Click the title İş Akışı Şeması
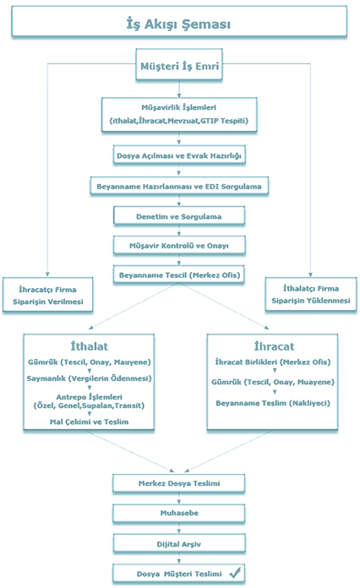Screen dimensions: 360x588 point(178,24)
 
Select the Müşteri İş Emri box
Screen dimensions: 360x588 point(179,64)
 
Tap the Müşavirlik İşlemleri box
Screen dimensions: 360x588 point(179,115)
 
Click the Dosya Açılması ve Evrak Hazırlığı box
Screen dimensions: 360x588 point(179,155)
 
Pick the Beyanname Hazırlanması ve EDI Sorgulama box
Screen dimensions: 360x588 point(179,186)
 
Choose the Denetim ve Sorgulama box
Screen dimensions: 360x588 point(179,216)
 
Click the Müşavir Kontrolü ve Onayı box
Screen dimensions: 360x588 point(179,246)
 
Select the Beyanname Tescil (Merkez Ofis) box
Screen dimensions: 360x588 point(179,275)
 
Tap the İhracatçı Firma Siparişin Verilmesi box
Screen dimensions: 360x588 point(47,295)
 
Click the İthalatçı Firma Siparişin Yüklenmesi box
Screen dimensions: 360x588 point(311,294)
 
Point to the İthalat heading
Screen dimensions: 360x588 point(89,346)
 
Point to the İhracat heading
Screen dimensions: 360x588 point(274,346)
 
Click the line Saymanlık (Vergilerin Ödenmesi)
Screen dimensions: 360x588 point(90,378)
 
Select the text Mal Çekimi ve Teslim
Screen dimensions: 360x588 point(90,422)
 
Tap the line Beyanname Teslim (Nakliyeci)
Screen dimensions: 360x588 point(273,403)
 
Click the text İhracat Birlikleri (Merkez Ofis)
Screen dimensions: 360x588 point(273,362)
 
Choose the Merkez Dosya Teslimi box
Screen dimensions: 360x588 point(179,483)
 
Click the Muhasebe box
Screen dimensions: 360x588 point(179,513)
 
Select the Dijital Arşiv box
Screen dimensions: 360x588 point(179,544)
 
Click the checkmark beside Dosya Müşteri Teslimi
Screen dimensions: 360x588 point(235,573)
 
